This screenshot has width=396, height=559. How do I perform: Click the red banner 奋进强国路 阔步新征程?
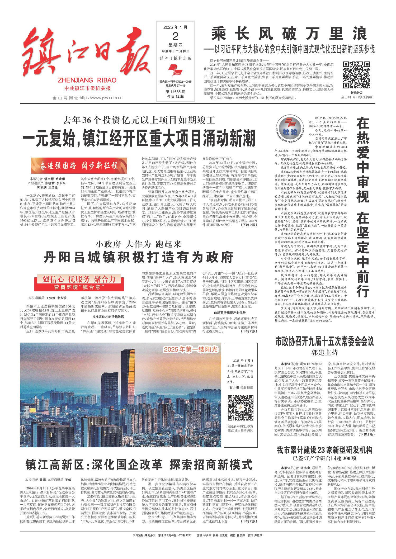(79, 166)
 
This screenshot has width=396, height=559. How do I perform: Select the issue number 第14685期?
(175, 92)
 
